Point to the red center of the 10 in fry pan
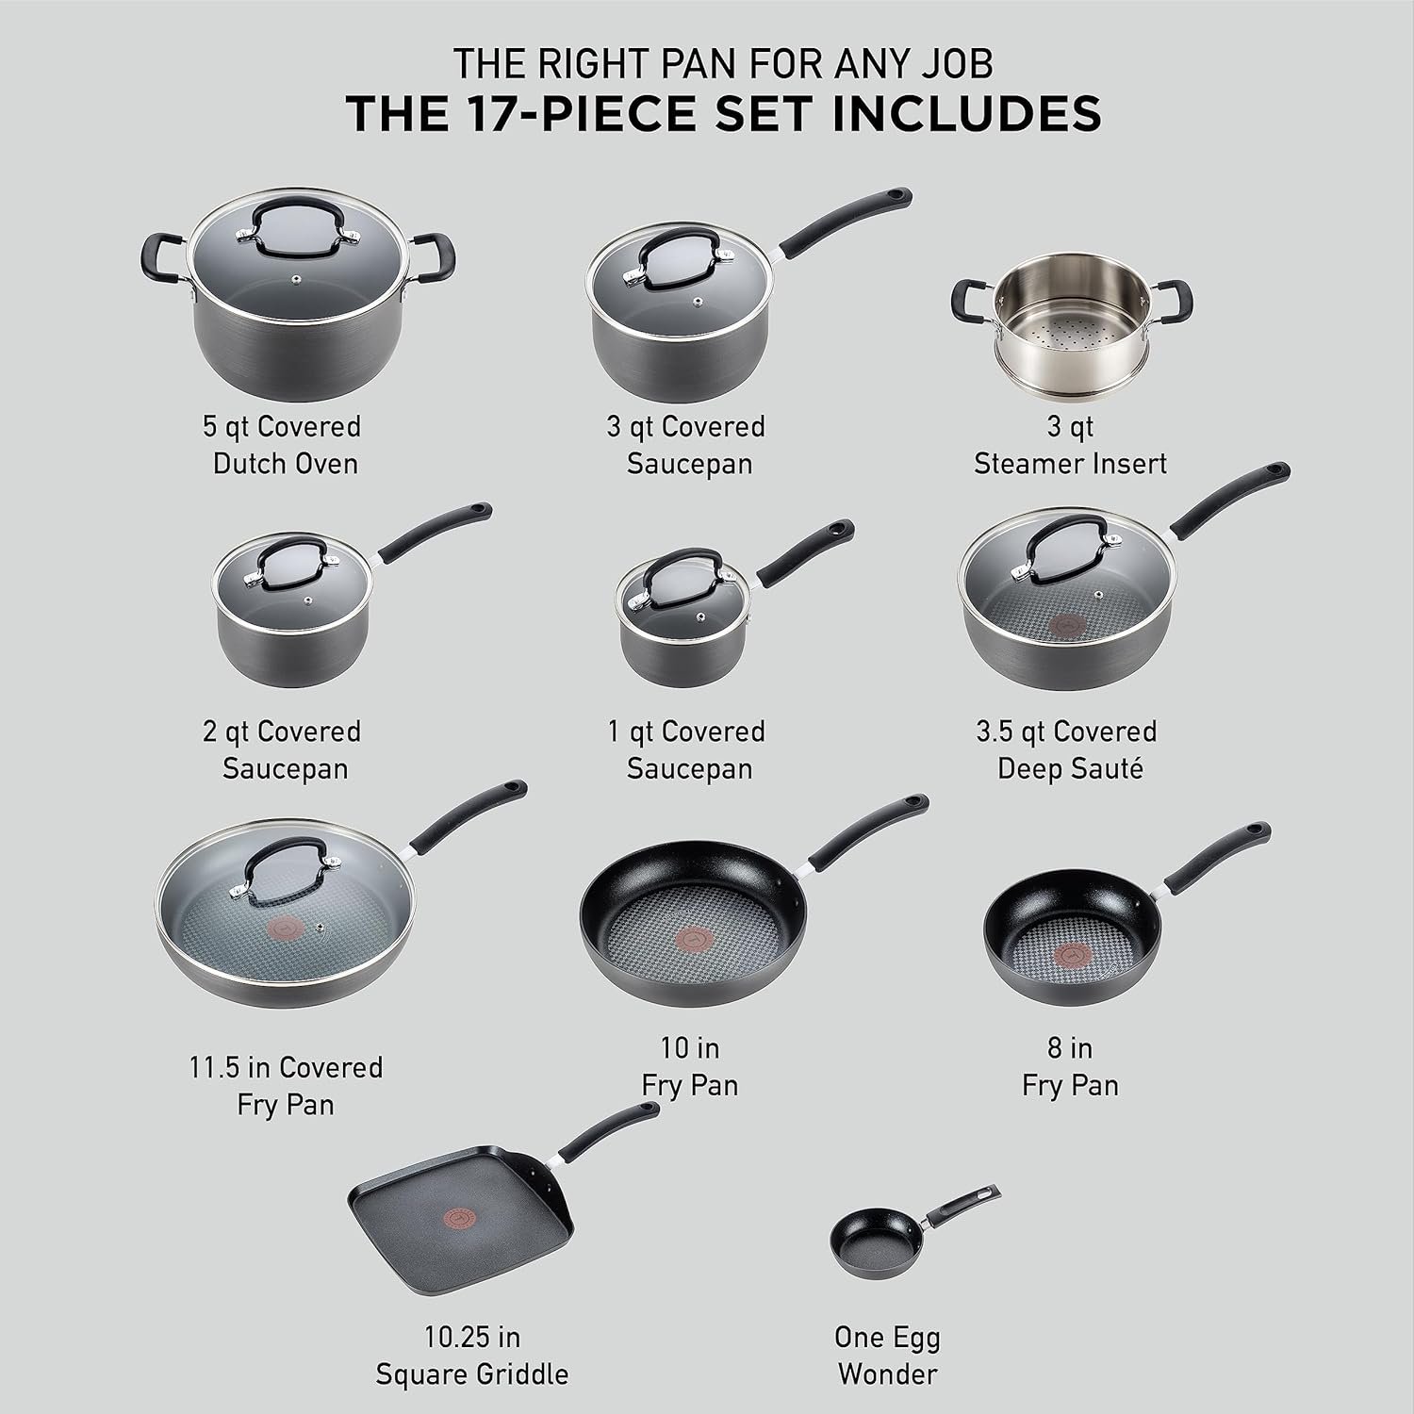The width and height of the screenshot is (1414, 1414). pyautogui.click(x=687, y=939)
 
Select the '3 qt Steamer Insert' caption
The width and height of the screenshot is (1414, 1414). pyautogui.click(x=1070, y=445)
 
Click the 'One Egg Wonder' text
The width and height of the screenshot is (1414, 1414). pyautogui.click(x=887, y=1355)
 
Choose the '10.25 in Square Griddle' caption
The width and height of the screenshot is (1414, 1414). pyautogui.click(x=471, y=1355)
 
